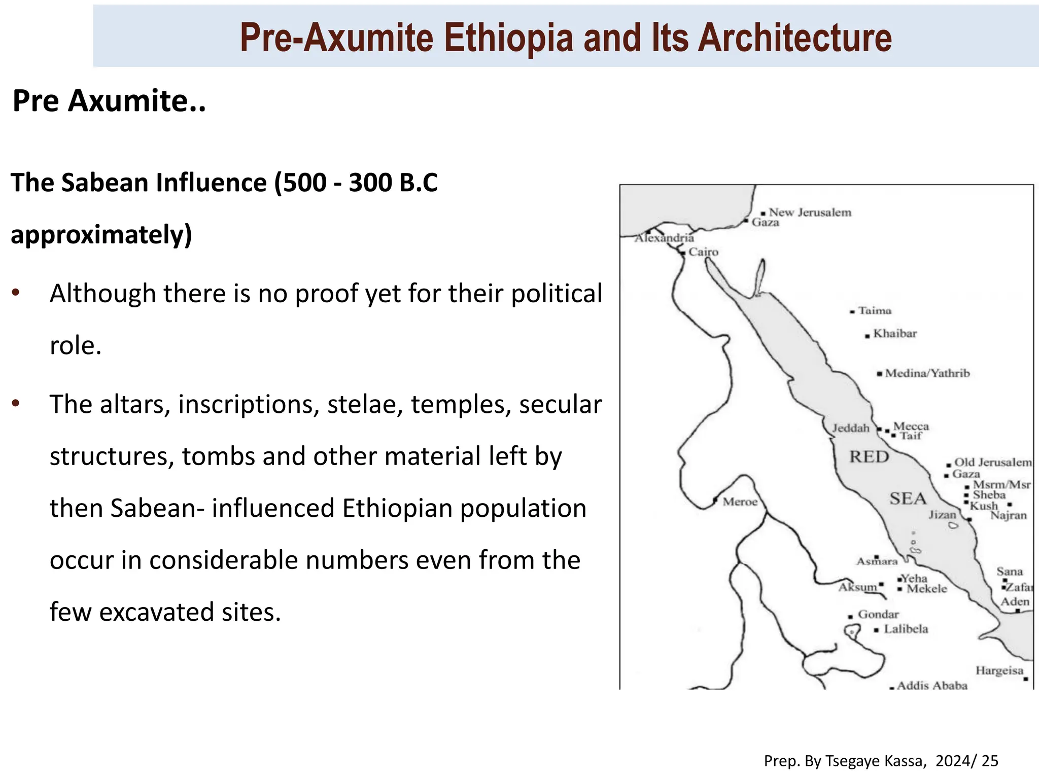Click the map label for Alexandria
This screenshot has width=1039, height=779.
[664, 238]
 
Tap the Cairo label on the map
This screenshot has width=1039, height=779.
[703, 252]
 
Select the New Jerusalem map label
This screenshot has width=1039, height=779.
[810, 213]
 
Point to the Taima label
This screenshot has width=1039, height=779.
[875, 310]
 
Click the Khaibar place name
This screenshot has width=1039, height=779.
[895, 334]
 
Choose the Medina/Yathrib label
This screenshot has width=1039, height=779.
[927, 373]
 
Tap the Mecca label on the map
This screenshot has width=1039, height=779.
[911, 426]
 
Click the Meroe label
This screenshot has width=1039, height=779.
[740, 502]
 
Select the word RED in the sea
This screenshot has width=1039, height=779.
[869, 456]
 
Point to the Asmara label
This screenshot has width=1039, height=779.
[877, 561]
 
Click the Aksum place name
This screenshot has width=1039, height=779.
[857, 587]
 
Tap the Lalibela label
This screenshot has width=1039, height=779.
[906, 629]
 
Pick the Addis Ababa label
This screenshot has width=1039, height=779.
[932, 686]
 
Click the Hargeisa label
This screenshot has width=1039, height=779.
[999, 670]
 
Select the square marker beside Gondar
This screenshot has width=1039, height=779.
[850, 617]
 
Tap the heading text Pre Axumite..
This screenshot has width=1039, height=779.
[109, 100]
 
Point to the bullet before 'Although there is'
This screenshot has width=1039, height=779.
[16, 293]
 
